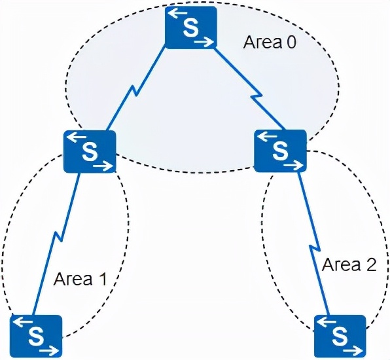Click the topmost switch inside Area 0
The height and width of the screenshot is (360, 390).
pyautogui.click(x=190, y=27)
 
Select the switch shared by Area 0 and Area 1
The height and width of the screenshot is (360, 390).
pyautogui.click(x=90, y=151)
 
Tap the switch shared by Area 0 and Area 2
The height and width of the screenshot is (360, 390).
pyautogui.click(x=280, y=150)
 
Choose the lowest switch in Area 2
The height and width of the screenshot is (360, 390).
pyautogui.click(x=340, y=336)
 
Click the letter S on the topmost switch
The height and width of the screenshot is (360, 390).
pyautogui.click(x=190, y=28)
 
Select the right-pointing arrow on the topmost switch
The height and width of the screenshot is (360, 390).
pyautogui.click(x=204, y=42)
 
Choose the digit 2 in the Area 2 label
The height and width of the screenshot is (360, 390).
pyautogui.click(x=372, y=265)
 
